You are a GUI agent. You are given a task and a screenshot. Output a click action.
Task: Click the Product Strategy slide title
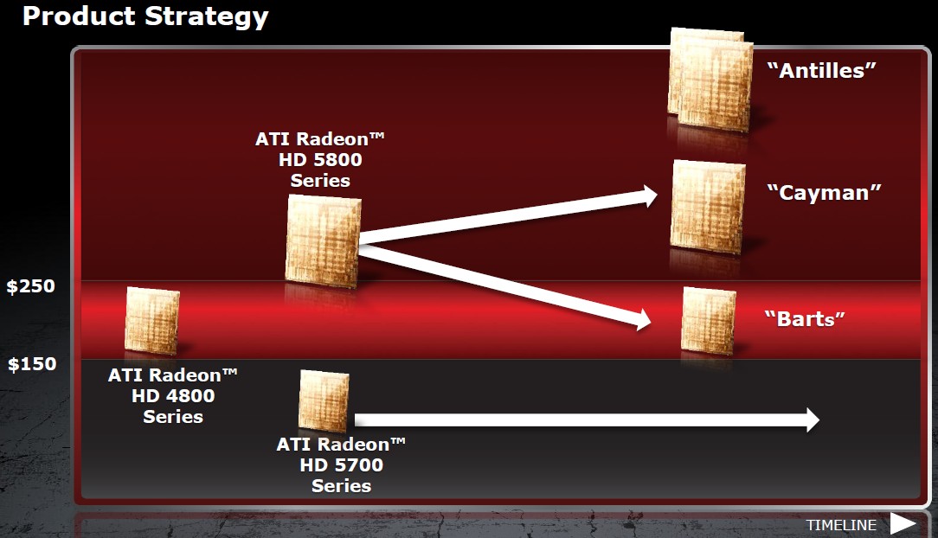[145, 16]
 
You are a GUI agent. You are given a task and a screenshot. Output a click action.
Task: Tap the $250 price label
[31, 285]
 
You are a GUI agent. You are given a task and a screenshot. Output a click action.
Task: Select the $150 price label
[32, 363]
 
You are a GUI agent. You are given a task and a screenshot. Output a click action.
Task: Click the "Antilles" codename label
[821, 71]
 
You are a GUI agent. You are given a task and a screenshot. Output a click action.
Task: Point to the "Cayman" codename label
[824, 193]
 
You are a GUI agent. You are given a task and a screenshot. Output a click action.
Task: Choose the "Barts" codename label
[805, 318]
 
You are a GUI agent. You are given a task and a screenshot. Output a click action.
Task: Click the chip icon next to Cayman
[708, 206]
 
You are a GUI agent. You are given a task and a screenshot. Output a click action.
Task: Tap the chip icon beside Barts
[709, 321]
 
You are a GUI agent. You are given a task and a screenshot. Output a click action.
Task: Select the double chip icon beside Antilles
[710, 79]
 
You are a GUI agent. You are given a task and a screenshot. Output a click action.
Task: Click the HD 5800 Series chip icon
[323, 241]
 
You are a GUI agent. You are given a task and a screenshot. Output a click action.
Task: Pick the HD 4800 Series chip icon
[152, 321]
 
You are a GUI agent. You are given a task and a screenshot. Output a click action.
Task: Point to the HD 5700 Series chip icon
[324, 400]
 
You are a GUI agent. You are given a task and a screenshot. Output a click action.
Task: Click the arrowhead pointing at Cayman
[649, 195]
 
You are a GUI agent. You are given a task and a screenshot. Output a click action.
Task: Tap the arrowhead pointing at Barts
[643, 320]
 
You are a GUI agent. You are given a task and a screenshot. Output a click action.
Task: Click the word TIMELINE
[841, 525]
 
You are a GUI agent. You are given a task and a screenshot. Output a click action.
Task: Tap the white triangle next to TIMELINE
[903, 524]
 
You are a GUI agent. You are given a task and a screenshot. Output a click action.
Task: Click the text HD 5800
[320, 160]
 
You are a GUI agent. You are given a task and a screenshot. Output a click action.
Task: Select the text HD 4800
[173, 396]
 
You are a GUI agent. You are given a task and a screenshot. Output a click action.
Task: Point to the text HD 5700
[342, 465]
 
